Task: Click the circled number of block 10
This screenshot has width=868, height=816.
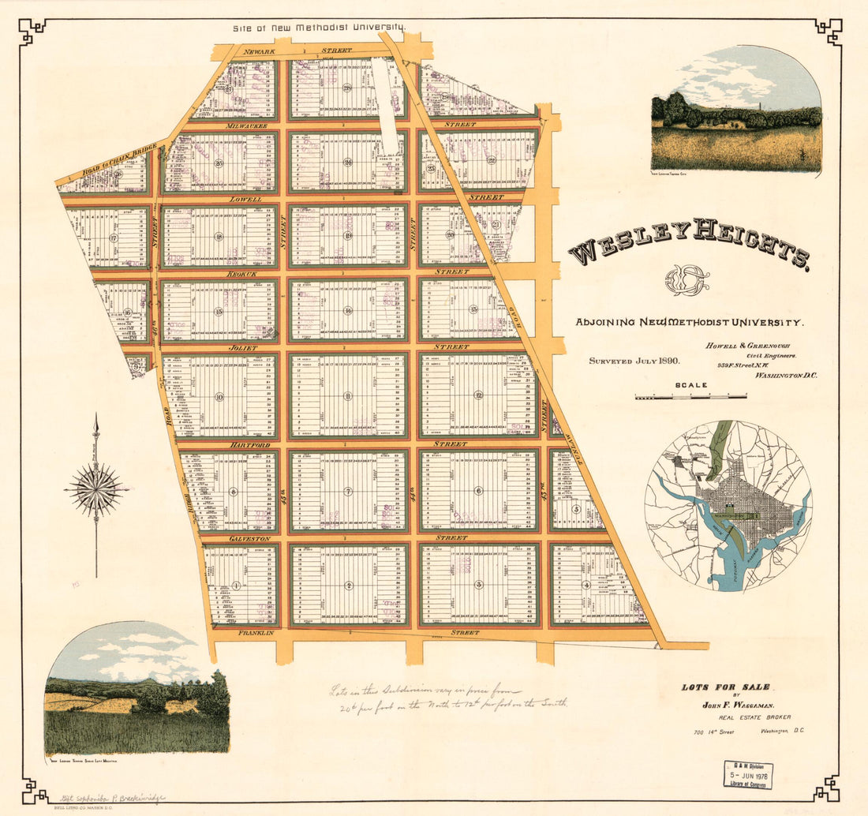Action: pos(219,397)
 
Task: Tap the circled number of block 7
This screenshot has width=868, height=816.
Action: pos(348,491)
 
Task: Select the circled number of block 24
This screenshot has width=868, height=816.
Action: pos(348,163)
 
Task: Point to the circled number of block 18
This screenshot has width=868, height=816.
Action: pos(219,237)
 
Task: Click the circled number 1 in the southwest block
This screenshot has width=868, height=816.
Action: pos(237,585)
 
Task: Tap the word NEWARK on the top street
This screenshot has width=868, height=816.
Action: pos(258,51)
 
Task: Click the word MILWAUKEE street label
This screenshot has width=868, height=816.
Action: pos(246,126)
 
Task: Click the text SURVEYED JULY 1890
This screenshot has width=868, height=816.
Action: pos(634,361)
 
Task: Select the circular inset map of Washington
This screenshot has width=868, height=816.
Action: pos(728,506)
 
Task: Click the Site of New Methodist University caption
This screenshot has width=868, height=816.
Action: pos(319,28)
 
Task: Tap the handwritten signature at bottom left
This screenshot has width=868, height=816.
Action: pos(110,798)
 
